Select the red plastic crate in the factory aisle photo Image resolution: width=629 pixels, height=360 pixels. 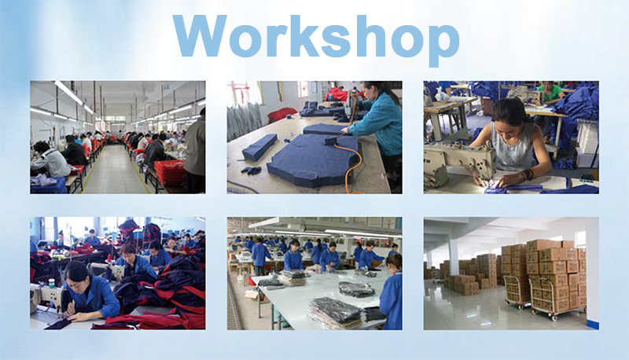(168, 171)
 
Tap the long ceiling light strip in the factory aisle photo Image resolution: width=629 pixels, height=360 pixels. (68, 93)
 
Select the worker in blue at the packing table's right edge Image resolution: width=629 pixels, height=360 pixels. (391, 295)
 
